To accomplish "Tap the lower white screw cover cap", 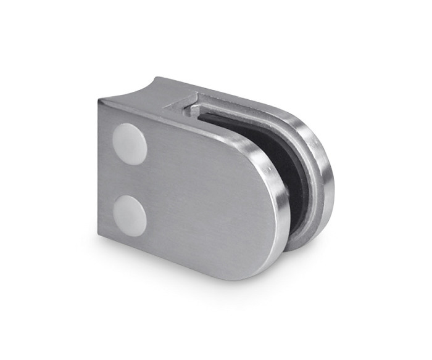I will (130, 215).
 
